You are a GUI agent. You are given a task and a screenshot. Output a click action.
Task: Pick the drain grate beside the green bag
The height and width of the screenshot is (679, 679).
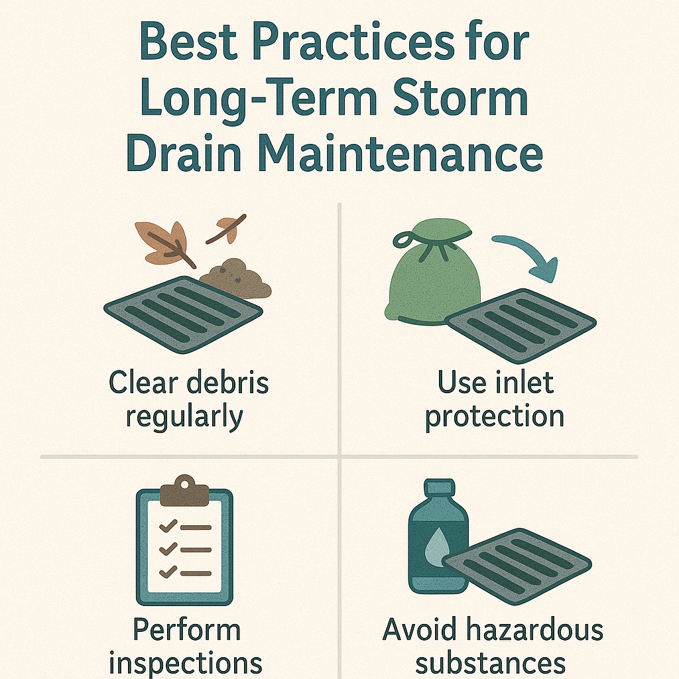[521, 324]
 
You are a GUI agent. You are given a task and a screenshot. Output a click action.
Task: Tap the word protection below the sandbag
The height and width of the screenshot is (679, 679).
[494, 416]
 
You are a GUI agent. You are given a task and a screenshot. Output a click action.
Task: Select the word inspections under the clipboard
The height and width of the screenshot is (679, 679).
[186, 662]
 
